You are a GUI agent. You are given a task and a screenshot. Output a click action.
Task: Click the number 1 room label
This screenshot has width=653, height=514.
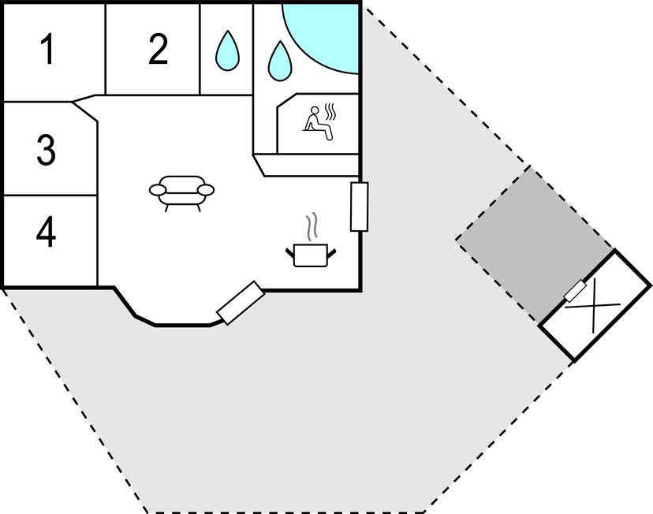47,50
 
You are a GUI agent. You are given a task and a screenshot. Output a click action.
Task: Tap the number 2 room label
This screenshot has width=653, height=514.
158,50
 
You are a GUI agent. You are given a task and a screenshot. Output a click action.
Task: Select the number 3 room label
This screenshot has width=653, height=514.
46,150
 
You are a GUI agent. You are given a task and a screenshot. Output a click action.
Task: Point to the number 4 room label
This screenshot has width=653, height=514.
47,233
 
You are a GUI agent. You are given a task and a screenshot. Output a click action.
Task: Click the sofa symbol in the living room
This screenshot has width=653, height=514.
181,191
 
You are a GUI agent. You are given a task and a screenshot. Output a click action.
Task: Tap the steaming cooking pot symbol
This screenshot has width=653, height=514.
311,254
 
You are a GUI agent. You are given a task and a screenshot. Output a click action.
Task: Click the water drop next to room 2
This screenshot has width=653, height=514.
228,51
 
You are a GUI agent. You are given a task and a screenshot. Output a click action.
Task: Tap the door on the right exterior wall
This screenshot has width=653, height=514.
359,207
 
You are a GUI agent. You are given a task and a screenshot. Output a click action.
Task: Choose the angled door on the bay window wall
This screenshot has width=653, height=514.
240,303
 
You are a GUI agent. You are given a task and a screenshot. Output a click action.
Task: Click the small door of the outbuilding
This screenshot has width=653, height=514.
576,292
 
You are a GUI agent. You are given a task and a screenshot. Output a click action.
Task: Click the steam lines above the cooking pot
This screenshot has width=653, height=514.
314,225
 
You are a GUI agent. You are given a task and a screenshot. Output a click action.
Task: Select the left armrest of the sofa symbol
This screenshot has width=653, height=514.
158,190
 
